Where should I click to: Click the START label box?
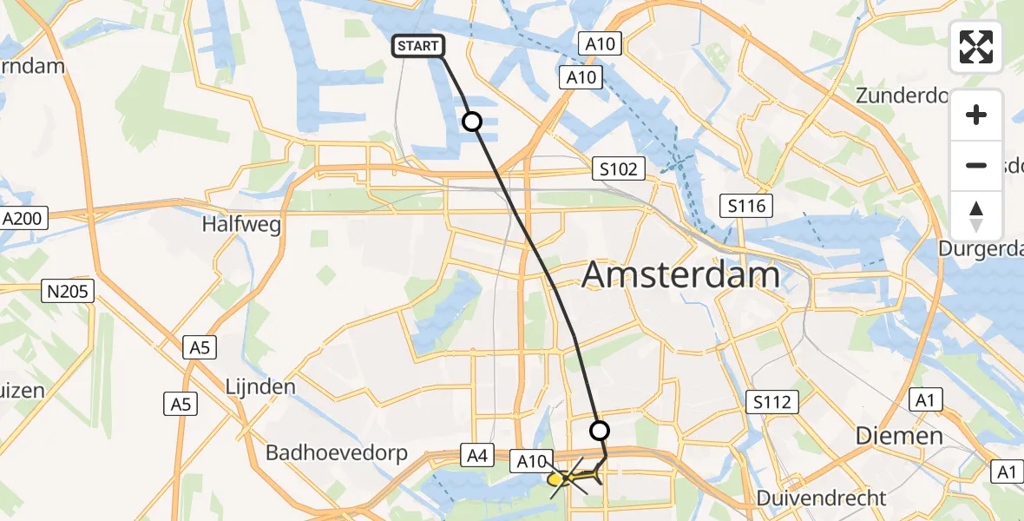coord(420,46)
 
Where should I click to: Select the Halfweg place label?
coord(241,224)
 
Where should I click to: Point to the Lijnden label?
coord(261,386)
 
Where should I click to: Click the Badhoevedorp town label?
coord(333,452)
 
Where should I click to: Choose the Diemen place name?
coord(899,435)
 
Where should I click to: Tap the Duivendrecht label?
coord(821,498)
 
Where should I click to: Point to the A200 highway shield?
coord(23,219)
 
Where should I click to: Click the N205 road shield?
coord(68,291)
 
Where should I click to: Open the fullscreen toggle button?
coord(976,47)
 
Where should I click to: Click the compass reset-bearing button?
coord(976,216)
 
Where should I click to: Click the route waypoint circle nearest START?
coord(472,122)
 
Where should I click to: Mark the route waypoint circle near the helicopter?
coord(600,430)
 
